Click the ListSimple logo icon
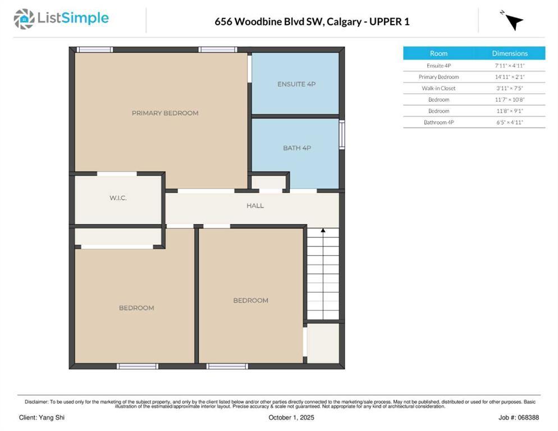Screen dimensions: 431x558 click(24, 19)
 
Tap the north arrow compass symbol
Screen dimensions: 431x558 click(513, 21)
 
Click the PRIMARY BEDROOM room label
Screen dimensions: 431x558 click(165, 113)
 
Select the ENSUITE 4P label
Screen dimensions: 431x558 click(296, 84)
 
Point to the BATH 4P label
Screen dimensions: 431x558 click(296, 148)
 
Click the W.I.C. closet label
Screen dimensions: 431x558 click(118, 198)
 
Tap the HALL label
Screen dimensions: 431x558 click(255, 206)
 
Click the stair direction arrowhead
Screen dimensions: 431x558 click(323, 230)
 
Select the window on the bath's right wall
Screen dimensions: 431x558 click(341, 135)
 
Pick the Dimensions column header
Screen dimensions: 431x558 click(510, 53)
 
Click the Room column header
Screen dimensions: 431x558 click(438, 53)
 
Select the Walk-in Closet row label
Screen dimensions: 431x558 click(438, 88)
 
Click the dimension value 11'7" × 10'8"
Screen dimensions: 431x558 click(510, 99)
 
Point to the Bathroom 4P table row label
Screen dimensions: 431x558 click(438, 122)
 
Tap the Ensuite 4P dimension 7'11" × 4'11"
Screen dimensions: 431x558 click(510, 66)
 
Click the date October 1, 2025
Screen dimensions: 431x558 click(291, 418)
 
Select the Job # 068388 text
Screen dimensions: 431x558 click(518, 418)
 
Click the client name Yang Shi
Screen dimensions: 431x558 click(42, 418)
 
